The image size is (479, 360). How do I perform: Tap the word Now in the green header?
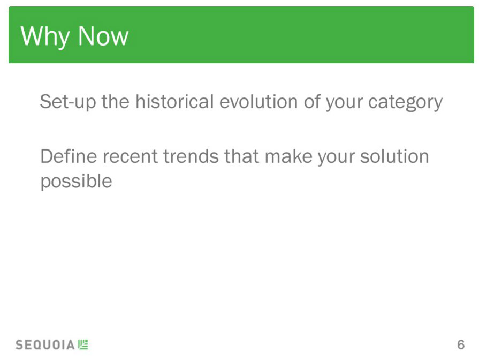click(x=103, y=36)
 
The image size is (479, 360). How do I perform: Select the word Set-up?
click(x=68, y=102)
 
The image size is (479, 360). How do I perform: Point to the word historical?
click(x=174, y=101)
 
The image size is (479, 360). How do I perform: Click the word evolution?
click(x=258, y=101)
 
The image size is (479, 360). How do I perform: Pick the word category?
click(x=405, y=102)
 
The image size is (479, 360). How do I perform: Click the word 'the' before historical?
click(x=116, y=101)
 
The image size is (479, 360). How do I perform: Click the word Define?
click(x=69, y=156)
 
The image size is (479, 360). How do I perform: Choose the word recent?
click(x=130, y=157)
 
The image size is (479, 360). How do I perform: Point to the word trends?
click(x=191, y=156)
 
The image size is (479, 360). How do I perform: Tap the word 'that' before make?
click(x=241, y=156)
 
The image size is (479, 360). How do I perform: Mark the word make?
click(x=288, y=156)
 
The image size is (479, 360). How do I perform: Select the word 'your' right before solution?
click(x=336, y=158)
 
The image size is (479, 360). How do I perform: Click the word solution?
click(x=394, y=156)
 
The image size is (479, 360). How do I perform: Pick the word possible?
click(x=77, y=182)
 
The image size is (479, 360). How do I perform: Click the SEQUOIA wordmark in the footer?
click(x=45, y=344)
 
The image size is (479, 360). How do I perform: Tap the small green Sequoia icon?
click(x=83, y=344)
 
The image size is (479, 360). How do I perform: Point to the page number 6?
click(x=461, y=344)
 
